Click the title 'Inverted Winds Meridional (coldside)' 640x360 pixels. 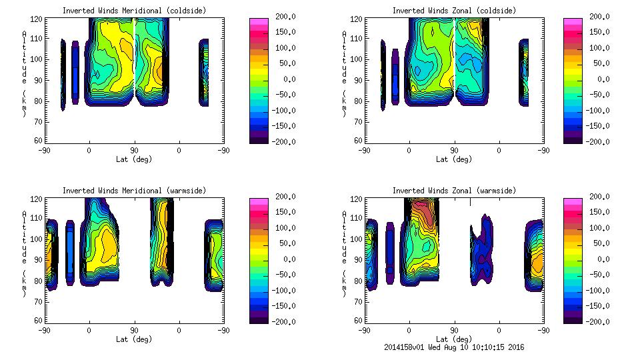tap(134, 10)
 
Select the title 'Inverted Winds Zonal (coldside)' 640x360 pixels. tap(454, 10)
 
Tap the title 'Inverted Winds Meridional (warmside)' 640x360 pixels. tap(134, 190)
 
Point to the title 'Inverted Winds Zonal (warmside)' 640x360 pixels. tap(454, 190)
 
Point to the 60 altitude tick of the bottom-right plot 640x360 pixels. tap(358, 320)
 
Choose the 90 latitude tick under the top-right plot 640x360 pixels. tap(454, 150)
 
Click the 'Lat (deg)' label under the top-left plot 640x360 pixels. tap(134, 159)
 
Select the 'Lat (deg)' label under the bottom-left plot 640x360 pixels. tap(134, 339)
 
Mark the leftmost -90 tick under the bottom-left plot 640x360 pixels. tap(44, 330)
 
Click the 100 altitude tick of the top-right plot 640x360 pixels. tap(357, 59)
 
